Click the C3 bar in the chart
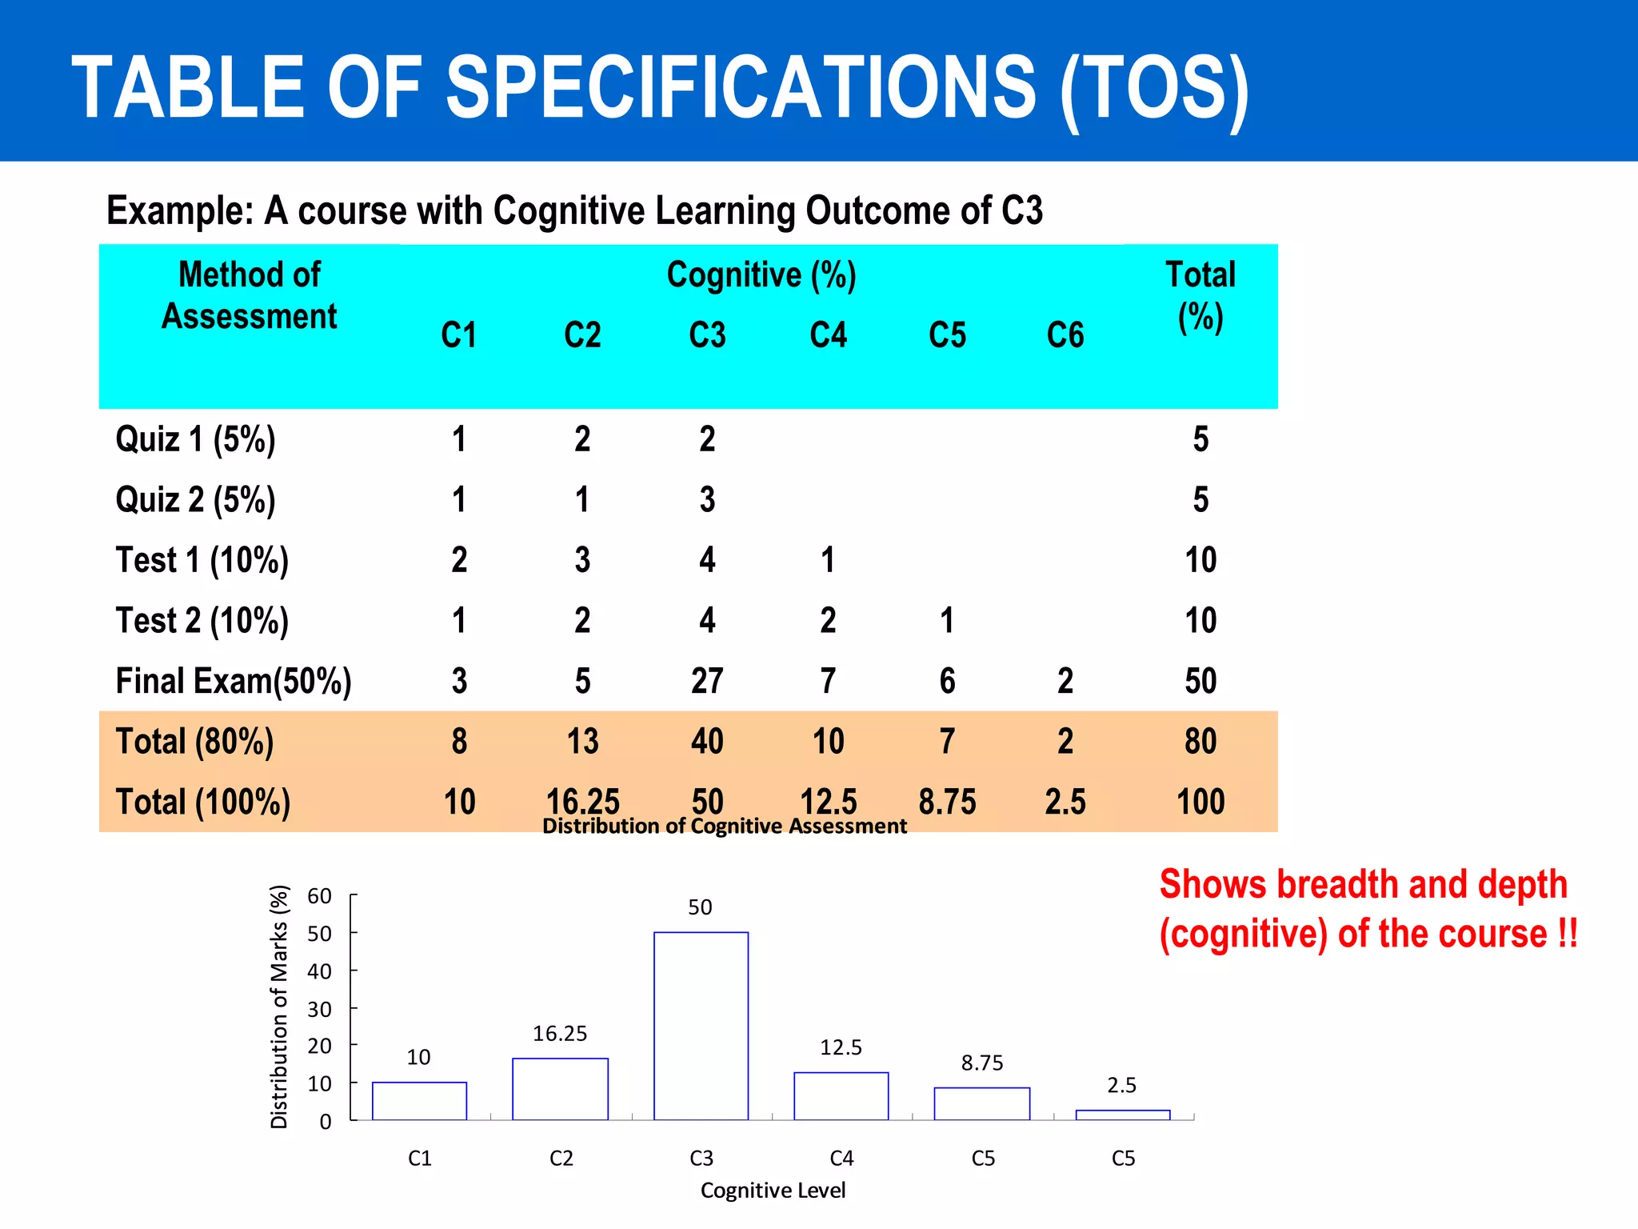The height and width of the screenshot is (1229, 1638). click(x=701, y=1026)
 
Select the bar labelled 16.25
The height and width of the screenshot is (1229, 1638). click(x=560, y=1089)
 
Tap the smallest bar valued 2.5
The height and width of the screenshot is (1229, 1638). click(x=1122, y=1115)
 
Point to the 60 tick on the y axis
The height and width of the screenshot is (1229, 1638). click(x=319, y=896)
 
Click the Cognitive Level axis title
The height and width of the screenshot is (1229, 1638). click(x=773, y=1191)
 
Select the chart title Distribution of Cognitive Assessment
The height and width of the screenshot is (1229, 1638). click(x=724, y=826)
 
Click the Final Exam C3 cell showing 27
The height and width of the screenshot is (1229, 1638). click(x=707, y=681)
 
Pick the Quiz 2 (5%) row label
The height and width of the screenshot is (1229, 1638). click(x=195, y=500)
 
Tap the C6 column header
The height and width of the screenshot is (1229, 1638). click(x=1065, y=335)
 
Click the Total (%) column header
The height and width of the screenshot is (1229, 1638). click(x=1200, y=295)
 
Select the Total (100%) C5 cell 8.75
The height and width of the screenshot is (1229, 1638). click(x=947, y=802)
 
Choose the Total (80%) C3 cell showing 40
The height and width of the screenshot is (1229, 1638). click(x=707, y=742)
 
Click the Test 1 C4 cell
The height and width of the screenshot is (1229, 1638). click(x=828, y=560)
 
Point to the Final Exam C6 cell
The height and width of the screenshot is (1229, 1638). click(x=1065, y=681)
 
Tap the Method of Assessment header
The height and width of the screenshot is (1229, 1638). click(x=250, y=295)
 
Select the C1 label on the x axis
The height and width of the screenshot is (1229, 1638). click(x=420, y=1159)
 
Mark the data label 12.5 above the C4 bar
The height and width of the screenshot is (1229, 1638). click(x=841, y=1047)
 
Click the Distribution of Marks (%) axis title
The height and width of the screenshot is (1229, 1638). click(x=278, y=1007)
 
